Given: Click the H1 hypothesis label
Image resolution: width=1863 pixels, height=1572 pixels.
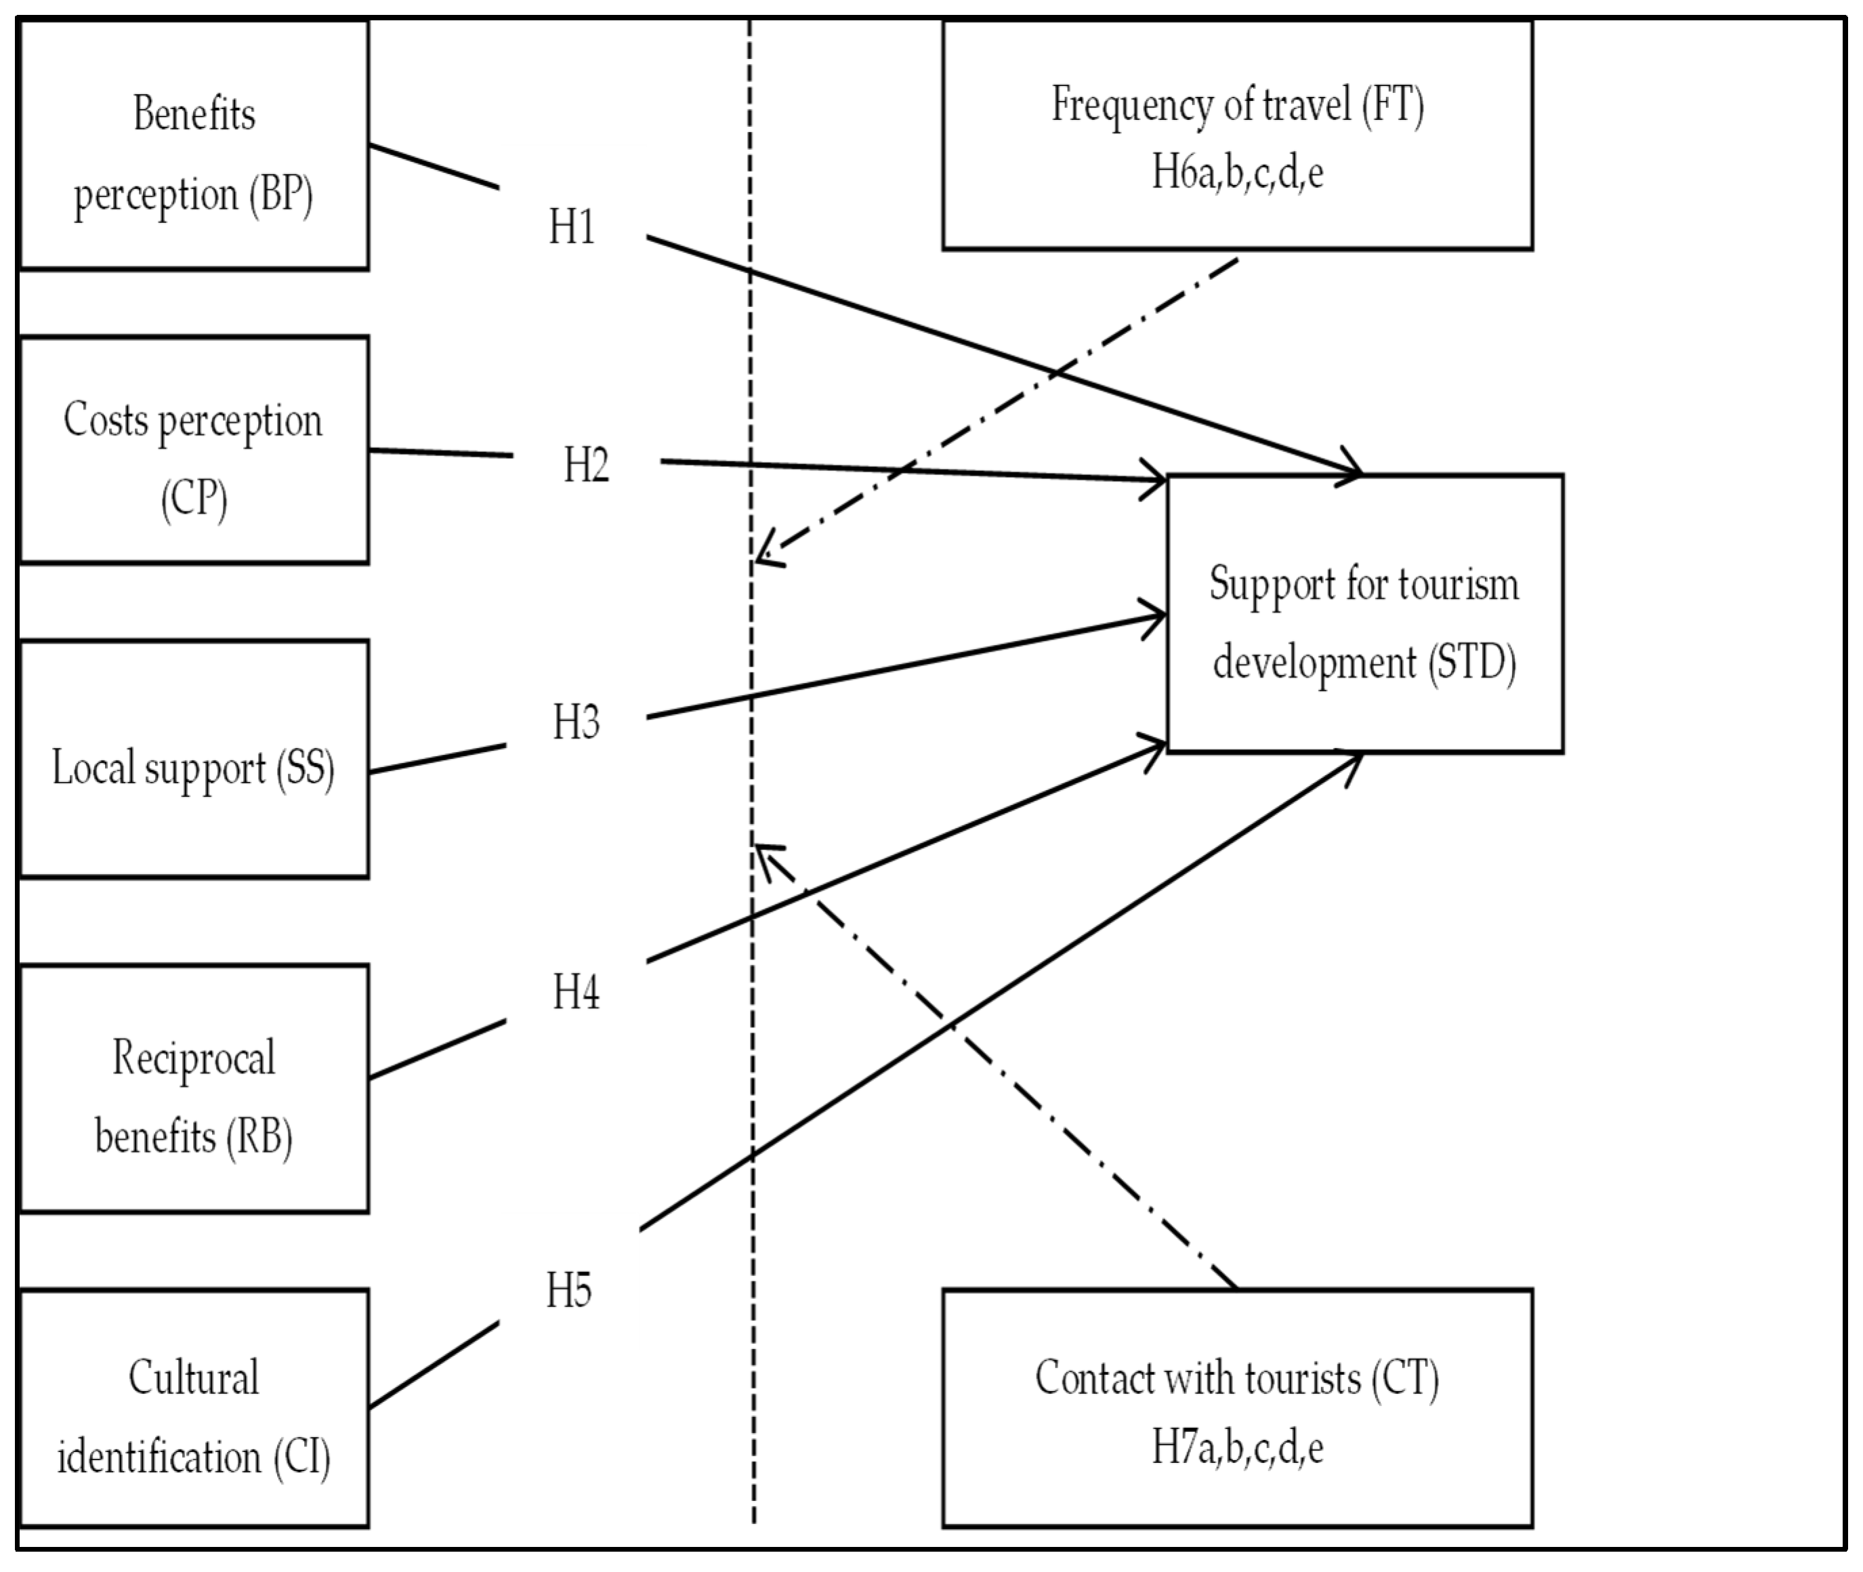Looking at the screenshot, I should click(572, 227).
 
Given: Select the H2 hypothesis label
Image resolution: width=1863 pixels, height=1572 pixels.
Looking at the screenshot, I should click(586, 466).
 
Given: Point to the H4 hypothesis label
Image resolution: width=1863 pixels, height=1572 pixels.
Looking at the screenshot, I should click(577, 992).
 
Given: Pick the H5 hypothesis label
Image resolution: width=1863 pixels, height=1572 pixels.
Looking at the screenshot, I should click(569, 1290).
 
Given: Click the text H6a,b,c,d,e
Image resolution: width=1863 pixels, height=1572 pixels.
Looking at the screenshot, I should click(1238, 172).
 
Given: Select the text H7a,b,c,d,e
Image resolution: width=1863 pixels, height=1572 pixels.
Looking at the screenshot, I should click(1238, 1447).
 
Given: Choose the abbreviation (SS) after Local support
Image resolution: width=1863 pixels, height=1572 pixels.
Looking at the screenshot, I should click(305, 768).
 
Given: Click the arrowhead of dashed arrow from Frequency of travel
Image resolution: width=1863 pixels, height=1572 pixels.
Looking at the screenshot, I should click(761, 558).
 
